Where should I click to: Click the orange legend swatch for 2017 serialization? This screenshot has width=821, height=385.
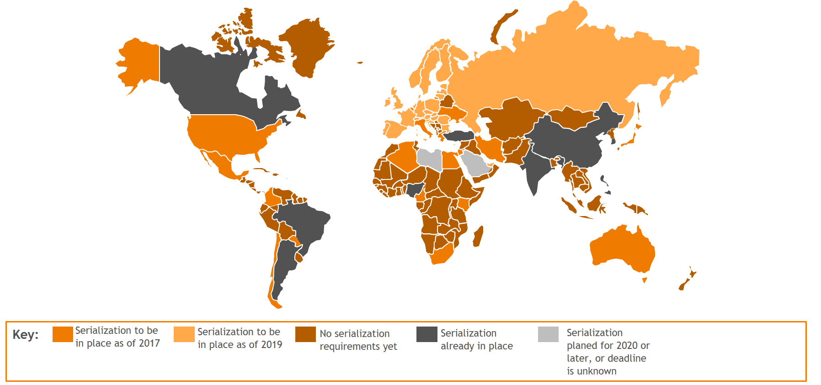click(63, 334)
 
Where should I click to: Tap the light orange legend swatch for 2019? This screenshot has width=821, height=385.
click(184, 334)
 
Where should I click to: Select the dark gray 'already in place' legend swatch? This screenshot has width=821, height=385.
click(426, 334)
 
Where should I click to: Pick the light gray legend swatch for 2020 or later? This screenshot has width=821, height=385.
click(548, 334)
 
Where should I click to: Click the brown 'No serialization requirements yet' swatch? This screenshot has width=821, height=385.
click(305, 334)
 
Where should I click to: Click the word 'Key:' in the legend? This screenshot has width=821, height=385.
click(25, 335)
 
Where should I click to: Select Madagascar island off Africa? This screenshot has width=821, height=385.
click(478, 237)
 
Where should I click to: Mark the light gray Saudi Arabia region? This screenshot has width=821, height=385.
click(475, 164)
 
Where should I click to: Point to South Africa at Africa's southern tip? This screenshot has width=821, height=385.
click(442, 256)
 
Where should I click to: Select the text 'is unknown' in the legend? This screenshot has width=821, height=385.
click(592, 371)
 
